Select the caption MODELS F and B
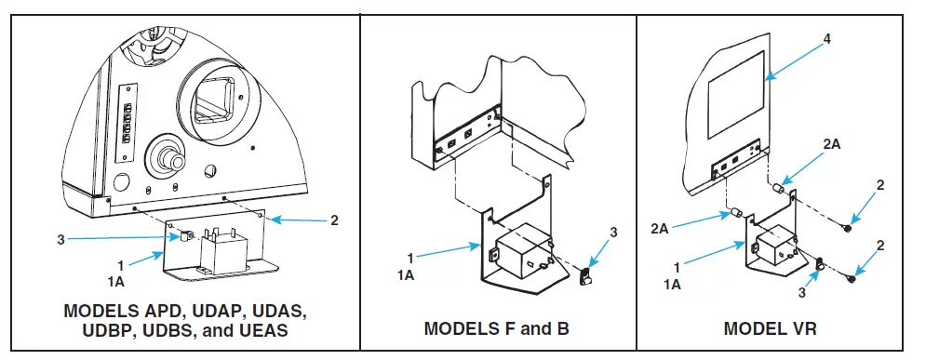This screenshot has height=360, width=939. (496, 328)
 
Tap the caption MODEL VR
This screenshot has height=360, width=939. (771, 328)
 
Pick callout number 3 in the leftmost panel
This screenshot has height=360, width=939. (60, 239)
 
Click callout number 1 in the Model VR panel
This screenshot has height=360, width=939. (675, 266)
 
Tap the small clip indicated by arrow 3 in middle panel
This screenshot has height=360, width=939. (586, 276)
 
